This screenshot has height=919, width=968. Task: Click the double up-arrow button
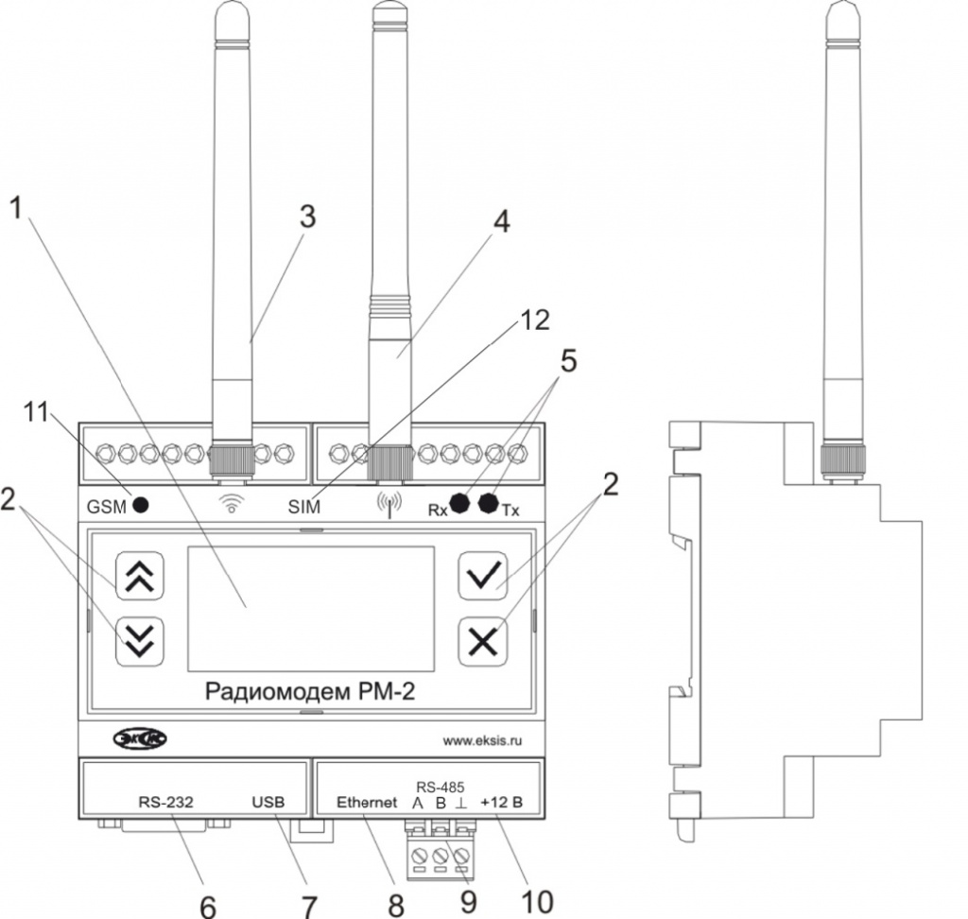140,576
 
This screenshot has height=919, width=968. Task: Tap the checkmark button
483,576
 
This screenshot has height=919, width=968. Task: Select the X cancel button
483,642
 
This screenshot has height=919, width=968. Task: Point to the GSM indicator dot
141,506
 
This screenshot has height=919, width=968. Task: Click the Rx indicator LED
459,503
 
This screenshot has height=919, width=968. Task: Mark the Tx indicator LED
489,503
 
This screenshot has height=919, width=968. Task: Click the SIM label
304,507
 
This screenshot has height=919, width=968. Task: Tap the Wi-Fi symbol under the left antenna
232,503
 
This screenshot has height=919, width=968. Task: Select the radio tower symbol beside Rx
389,505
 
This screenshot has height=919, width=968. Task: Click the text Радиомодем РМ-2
310,691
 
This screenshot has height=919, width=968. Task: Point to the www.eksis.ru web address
482,740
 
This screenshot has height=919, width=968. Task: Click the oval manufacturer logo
140,738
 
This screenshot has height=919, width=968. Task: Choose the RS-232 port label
166,803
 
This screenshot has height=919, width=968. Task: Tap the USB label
268,803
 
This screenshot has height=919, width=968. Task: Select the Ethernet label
367,803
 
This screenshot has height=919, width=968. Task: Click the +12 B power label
501,803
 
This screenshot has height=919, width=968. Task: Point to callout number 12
534,320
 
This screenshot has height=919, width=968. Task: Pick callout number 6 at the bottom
208,906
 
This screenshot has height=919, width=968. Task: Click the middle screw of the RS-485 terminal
441,857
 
